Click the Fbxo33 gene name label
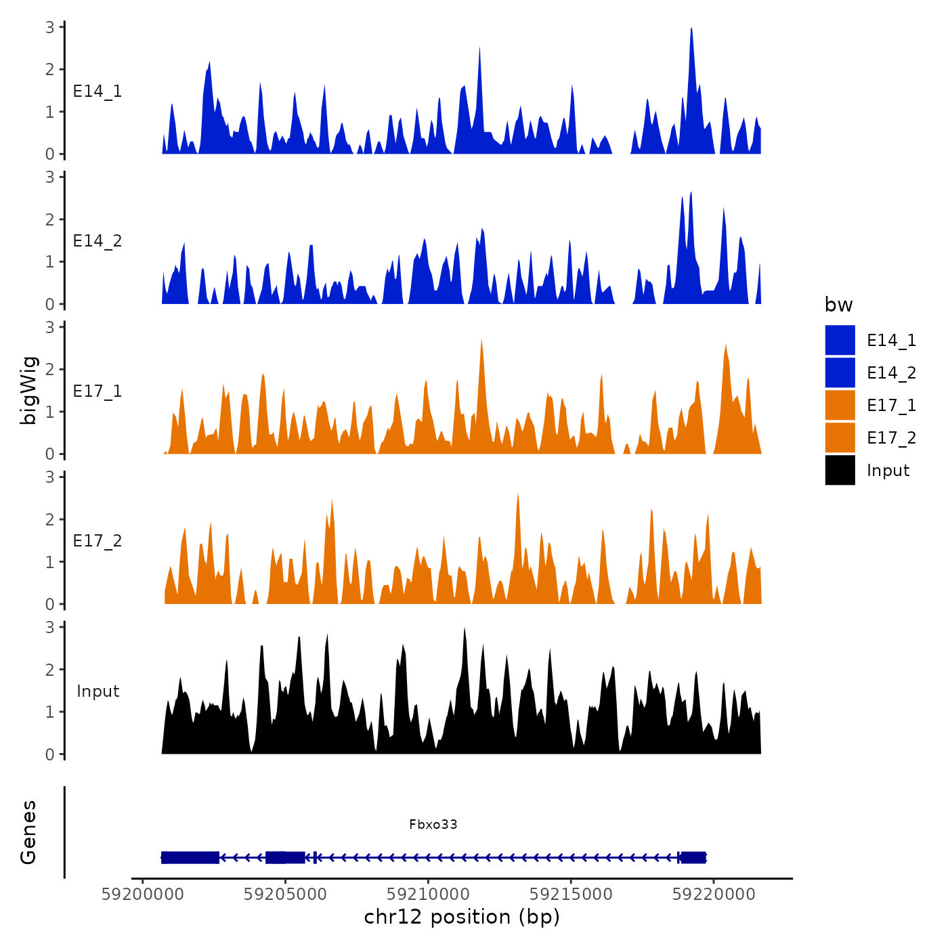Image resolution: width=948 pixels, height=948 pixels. (x=433, y=824)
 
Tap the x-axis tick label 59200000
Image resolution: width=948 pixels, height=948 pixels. (x=142, y=895)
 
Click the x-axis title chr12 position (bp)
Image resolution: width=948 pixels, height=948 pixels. (x=462, y=917)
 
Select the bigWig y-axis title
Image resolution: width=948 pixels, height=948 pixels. (x=28, y=391)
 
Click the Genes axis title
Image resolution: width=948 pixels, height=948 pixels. (x=28, y=832)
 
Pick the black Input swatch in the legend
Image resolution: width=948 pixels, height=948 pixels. (x=840, y=470)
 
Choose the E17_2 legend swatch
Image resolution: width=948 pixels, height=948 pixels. (x=840, y=437)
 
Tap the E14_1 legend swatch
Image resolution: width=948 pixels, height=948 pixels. (x=840, y=340)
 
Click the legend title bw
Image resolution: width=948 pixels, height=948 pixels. (x=838, y=305)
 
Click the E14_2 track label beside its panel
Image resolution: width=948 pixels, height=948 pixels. (x=98, y=241)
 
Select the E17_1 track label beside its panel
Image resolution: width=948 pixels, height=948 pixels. (x=98, y=391)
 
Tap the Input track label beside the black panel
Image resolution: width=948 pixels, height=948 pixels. (x=98, y=691)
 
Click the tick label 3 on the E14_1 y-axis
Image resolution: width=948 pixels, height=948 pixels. (x=50, y=27)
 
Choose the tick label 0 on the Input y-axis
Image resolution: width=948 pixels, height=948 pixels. (x=50, y=754)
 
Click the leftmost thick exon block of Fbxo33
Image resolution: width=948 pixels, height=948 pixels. (x=190, y=857)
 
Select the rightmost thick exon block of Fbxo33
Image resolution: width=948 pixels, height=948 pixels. (x=693, y=857)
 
